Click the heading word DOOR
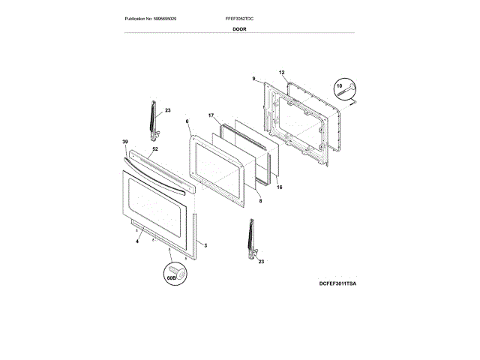tap(239, 28)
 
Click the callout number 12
tap(283, 73)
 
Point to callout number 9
tap(253, 79)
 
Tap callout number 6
tap(187, 121)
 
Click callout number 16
tap(280, 187)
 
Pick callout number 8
tap(259, 201)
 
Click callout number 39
tap(125, 141)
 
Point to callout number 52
tap(155, 148)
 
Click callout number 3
tap(205, 246)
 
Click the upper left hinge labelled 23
tap(153, 120)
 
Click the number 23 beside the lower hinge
tap(262, 261)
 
